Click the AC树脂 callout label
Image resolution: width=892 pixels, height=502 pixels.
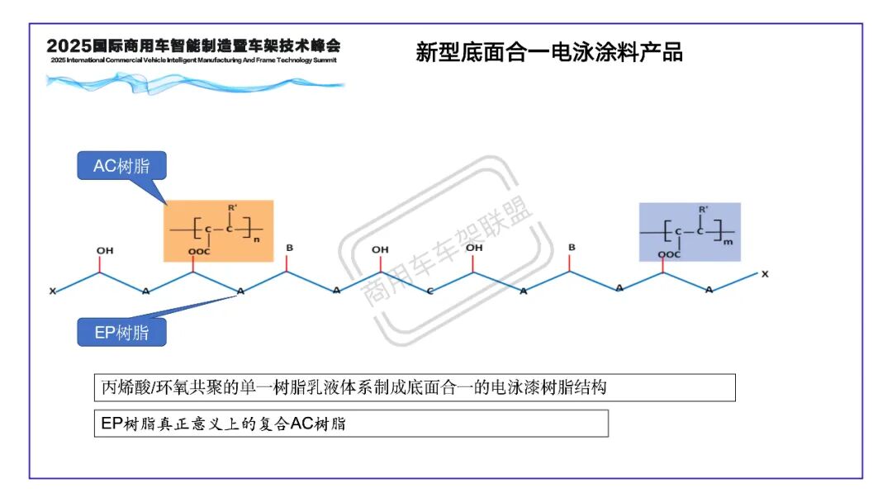(x=121, y=165)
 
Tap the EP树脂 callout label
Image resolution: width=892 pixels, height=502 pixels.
(x=121, y=333)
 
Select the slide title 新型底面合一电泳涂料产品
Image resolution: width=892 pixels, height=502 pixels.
(x=549, y=53)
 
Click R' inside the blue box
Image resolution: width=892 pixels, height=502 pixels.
(x=702, y=209)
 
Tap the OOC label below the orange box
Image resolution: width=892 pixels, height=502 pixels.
(x=198, y=252)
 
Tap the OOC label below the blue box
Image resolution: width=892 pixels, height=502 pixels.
(x=670, y=254)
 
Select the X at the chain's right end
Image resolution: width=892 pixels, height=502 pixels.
(x=764, y=274)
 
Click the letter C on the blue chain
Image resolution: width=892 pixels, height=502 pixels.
(x=429, y=291)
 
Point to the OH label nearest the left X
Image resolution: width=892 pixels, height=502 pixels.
(x=104, y=250)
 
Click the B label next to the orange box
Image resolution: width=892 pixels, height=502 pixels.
(x=288, y=248)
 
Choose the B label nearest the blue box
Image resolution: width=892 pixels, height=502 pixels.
(x=571, y=248)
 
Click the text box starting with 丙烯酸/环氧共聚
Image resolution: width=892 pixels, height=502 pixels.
(x=414, y=387)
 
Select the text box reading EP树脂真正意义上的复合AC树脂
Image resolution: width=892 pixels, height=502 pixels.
(x=350, y=424)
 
